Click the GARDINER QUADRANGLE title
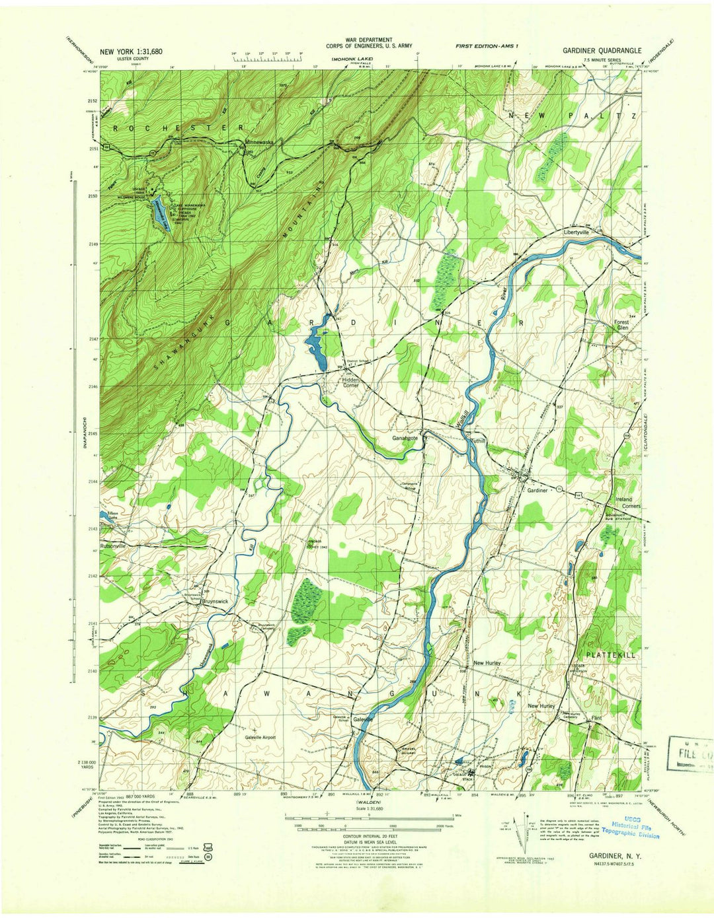coord(602,50)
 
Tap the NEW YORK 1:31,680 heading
coord(131,51)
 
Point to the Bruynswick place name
coord(215,602)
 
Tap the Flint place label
coord(597,717)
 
